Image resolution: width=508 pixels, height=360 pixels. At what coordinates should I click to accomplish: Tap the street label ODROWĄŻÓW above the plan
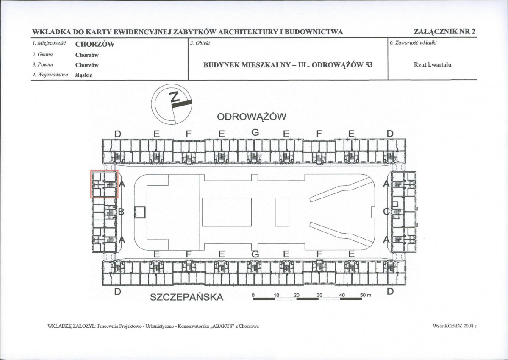click(x=251, y=117)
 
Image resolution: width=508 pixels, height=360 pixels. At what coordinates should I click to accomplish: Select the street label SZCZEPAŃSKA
click(x=186, y=297)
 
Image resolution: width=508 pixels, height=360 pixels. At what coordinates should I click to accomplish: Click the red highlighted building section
click(x=104, y=184)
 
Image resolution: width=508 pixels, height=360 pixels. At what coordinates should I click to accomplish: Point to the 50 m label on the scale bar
click(x=366, y=296)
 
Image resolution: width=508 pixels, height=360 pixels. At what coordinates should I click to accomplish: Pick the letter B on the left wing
click(x=121, y=212)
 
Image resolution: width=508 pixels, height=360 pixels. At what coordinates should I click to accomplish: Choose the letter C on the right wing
click(x=386, y=212)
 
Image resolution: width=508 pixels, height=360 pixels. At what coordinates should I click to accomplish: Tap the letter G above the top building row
click(x=255, y=132)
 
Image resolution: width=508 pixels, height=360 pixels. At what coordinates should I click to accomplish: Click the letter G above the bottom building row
click(x=255, y=254)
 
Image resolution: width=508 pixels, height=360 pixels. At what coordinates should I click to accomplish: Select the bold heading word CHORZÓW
click(x=95, y=45)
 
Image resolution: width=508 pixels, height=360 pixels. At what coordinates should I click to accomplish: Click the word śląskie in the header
click(x=84, y=75)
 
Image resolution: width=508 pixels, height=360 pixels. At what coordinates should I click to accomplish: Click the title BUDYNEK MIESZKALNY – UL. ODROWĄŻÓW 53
click(x=288, y=64)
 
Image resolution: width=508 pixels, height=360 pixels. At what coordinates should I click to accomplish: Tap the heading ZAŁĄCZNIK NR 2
click(x=444, y=32)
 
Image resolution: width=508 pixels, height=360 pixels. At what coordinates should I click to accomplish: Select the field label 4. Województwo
click(x=50, y=75)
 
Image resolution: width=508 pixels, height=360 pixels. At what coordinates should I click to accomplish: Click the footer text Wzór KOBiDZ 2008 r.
click(x=455, y=326)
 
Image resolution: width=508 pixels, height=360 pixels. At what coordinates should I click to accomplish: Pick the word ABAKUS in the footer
click(x=225, y=326)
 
